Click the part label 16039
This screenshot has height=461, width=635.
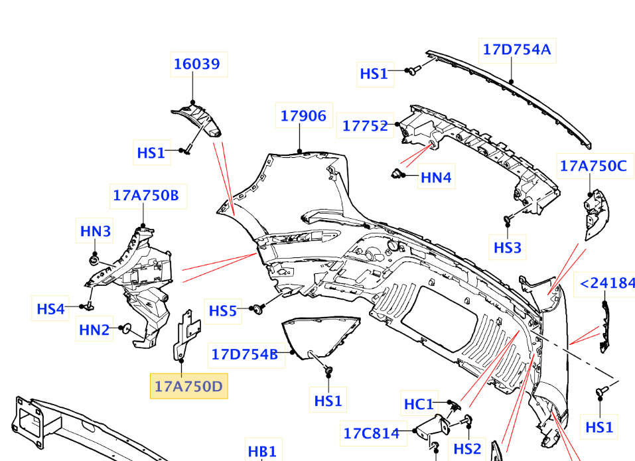pos(196,64)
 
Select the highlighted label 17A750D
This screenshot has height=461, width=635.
pos(189,385)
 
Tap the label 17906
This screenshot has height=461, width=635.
pos(303,116)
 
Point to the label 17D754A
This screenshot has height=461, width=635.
pos(517,49)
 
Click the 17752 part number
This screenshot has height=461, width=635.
pos(365,125)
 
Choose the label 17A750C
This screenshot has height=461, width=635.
pos(593,166)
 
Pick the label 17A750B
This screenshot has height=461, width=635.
pos(145,196)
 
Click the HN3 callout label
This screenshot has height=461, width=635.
pos(96,231)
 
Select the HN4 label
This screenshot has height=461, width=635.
pos(436,178)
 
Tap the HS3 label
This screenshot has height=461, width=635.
pos(508,248)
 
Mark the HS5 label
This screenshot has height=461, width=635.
pos(223,310)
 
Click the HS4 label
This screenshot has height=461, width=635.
pos(51,308)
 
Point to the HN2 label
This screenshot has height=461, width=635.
pos(94,329)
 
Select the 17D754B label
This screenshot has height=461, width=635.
pos(244,354)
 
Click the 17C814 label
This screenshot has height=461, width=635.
pos(372,434)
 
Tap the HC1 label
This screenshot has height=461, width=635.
pos(419,403)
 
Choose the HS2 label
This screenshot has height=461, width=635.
pos(467,449)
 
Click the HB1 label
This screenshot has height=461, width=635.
pos(261,452)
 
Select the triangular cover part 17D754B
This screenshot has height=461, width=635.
pos(318,336)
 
